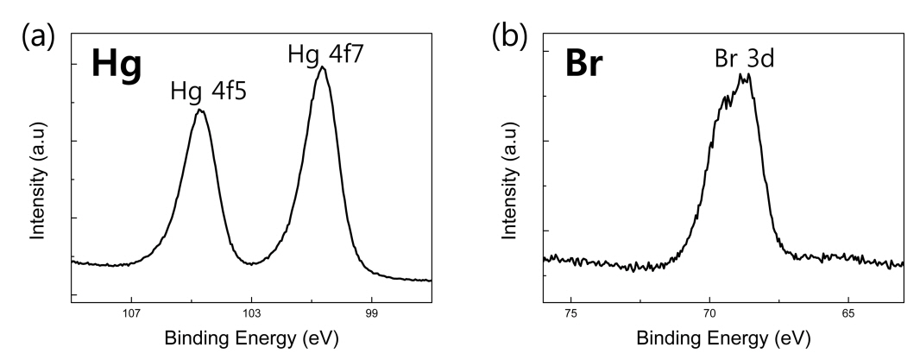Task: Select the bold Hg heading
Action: coord(117,67)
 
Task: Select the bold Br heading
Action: coord(588,67)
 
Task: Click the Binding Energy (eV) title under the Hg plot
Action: coord(251,338)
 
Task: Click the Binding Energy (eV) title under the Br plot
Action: coord(723,338)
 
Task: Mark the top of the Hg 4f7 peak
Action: coord(322,67)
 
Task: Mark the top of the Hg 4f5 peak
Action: coord(200,110)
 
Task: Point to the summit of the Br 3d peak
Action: coord(747,75)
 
